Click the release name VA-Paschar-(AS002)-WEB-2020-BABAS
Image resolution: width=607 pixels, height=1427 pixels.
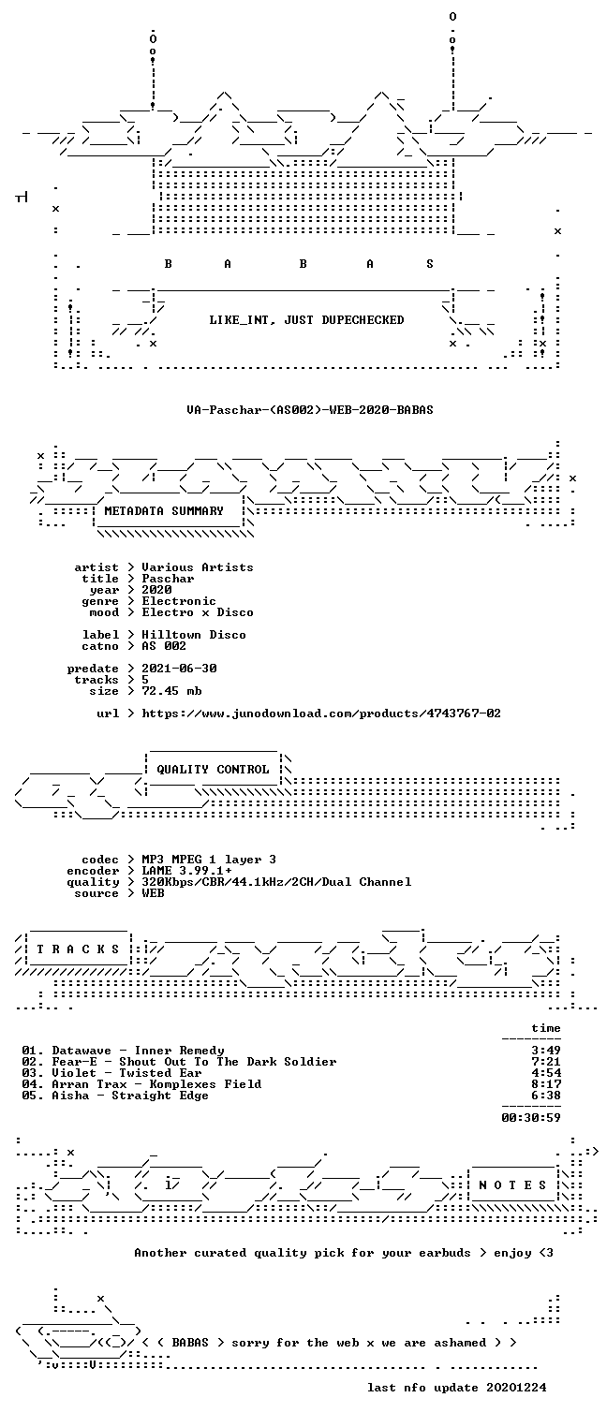[310, 409]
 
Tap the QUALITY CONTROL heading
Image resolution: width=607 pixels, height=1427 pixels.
[213, 769]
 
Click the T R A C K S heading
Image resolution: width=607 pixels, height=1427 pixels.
[78, 949]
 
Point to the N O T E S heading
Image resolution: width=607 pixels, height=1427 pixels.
[512, 1184]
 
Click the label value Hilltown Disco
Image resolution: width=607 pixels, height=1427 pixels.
[194, 635]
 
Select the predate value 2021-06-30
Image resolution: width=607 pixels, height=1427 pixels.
[179, 669]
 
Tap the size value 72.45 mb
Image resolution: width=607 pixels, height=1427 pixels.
[171, 691]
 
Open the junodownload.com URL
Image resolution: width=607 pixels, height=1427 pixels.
[321, 713]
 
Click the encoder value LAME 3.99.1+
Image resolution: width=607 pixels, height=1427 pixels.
[186, 871]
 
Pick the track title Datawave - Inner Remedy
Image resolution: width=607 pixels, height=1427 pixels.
[139, 1051]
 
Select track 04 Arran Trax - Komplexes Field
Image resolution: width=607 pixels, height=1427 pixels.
[141, 1084]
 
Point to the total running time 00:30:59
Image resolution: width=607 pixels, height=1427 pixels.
[531, 1118]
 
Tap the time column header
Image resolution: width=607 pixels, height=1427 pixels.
[546, 1028]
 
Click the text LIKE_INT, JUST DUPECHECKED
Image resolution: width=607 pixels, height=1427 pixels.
[306, 320]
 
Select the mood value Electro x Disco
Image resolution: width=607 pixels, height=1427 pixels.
[198, 613]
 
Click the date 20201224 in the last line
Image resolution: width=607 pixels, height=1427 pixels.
[516, 1388]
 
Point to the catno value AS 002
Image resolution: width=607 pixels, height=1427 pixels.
[164, 647]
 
